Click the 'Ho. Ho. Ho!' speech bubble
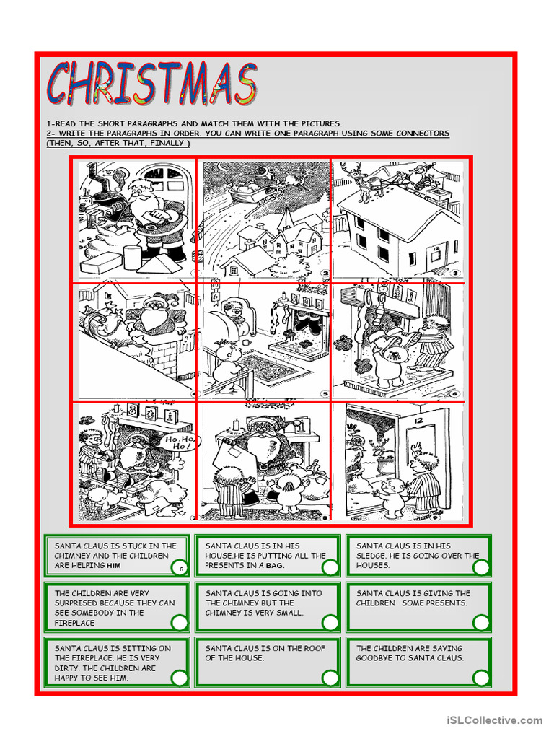tap(184, 441)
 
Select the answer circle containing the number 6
tap(180, 567)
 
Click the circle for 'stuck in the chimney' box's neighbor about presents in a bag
tap(330, 567)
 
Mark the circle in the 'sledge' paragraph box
tap(481, 567)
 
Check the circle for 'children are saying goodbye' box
tap(481, 677)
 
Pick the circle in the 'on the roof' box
tap(330, 677)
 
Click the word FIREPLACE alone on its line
tap(74, 622)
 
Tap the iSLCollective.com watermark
tap(494, 720)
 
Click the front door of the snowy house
tap(435, 257)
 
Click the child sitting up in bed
tap(234, 310)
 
